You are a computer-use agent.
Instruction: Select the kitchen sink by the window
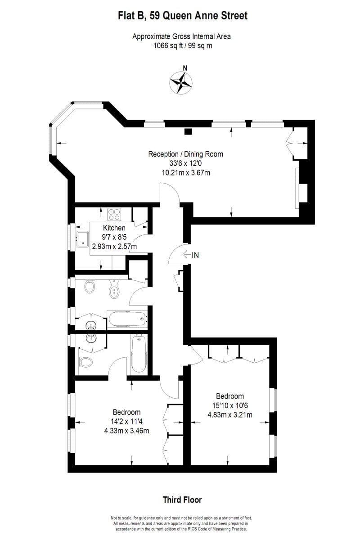point(84,239)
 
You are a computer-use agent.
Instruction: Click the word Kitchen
point(114,228)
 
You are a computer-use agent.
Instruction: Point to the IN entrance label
point(195,255)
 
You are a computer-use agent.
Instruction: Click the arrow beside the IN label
point(187,255)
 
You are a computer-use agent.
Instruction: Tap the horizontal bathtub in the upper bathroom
point(127,319)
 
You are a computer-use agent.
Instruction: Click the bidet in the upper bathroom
point(114,289)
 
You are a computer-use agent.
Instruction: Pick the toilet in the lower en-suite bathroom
point(85,362)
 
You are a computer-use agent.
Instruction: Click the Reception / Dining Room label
point(185,154)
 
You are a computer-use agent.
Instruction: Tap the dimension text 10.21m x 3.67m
point(185,172)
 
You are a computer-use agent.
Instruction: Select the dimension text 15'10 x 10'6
point(230,405)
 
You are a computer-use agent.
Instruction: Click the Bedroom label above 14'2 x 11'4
point(126,412)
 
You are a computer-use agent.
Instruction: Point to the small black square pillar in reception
point(189,131)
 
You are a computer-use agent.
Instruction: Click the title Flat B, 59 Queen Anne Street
point(182,16)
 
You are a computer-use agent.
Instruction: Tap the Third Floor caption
point(182,500)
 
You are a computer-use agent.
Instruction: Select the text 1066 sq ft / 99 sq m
point(182,46)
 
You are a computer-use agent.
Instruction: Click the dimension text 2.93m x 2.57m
point(114,246)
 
